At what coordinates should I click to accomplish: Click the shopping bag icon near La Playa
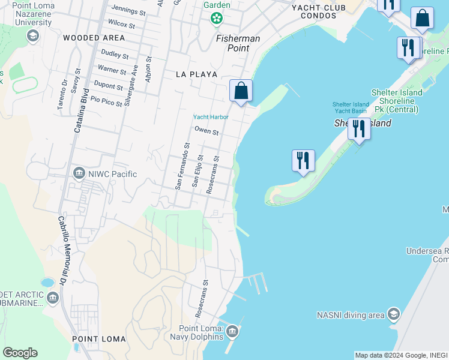pyautogui.click(x=241, y=91)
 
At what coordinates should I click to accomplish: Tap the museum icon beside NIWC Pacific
pyautogui.click(x=79, y=174)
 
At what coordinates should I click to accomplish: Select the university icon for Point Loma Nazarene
pyautogui.click(x=32, y=36)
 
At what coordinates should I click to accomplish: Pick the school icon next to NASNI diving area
pyautogui.click(x=393, y=314)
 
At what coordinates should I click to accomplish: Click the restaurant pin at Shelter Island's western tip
pyautogui.click(x=303, y=161)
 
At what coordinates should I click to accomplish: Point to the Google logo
pyautogui.click(x=20, y=353)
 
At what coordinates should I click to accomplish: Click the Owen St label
pyautogui.click(x=206, y=131)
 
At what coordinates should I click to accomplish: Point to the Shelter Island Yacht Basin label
pyautogui.click(x=350, y=107)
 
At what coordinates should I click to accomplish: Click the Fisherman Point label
pyautogui.click(x=238, y=43)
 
